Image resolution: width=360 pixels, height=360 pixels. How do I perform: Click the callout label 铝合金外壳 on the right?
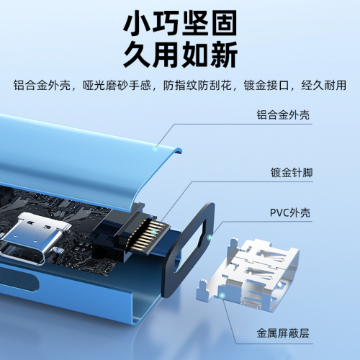coord(283,115)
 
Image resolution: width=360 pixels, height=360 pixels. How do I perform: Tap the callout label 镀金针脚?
coord(292,173)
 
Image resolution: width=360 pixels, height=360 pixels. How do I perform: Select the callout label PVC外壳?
coord(290,212)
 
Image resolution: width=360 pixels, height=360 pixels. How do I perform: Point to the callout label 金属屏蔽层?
coord(283,333)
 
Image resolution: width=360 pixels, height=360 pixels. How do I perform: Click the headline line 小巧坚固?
coord(180,23)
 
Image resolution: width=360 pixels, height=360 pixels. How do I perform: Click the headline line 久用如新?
coord(180,55)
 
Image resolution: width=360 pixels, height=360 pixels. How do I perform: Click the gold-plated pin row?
coord(147,235)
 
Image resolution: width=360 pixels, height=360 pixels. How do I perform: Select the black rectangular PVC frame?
coord(189,250)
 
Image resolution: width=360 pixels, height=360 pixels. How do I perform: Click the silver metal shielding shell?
coord(248,275)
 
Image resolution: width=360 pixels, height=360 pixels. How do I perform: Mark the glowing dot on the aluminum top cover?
coord(156,149)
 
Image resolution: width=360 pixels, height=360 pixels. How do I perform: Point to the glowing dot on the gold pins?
coord(154,232)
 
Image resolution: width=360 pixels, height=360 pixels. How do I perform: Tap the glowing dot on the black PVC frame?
coord(210,238)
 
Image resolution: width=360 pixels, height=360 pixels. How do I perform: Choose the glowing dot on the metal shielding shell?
coord(222,295)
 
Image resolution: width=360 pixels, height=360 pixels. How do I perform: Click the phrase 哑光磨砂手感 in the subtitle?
coord(117,85)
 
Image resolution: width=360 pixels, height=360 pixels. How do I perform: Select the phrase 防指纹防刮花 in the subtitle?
coord(197,85)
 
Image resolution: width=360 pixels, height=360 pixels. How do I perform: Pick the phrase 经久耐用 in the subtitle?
coord(324,85)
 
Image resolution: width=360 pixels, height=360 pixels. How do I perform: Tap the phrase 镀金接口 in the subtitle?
coord(266,85)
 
